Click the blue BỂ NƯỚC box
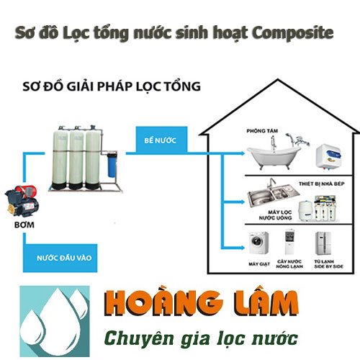click(155, 142)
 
